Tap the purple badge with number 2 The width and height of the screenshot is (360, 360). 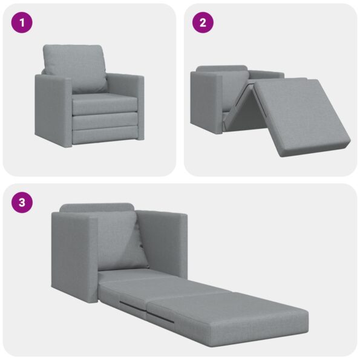(203, 23)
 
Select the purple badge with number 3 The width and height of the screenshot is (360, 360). (22, 203)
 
